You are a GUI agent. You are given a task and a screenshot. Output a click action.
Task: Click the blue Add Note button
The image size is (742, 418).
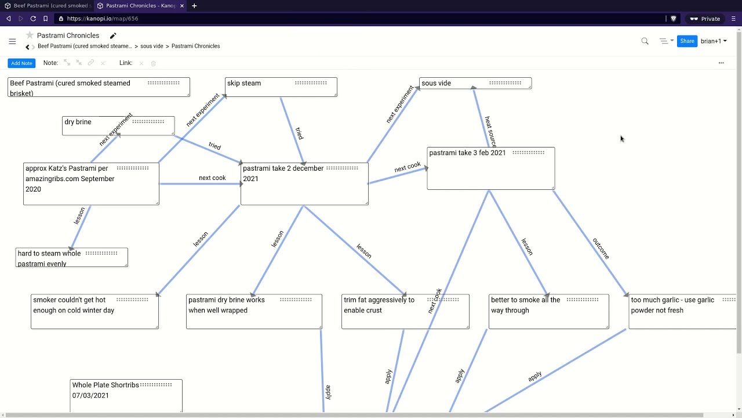pos(21,63)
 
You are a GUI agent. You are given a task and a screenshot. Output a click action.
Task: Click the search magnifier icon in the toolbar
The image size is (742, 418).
pos(645,41)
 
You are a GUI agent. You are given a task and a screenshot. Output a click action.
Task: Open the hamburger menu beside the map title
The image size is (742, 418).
pos(12,41)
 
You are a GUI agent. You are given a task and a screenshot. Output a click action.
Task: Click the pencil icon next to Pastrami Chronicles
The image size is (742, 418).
pos(113,36)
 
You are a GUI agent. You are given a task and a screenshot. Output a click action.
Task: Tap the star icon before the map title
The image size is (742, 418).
pos(30,35)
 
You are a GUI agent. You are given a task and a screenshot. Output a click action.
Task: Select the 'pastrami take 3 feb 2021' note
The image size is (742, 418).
pos(490,168)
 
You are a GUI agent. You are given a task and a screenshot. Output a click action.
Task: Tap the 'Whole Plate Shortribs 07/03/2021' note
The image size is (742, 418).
pos(126,395)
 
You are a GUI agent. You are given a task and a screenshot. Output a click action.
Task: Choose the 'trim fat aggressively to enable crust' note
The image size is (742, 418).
pos(405,311)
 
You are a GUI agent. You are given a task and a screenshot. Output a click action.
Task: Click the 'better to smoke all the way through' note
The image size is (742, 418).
pos(548,311)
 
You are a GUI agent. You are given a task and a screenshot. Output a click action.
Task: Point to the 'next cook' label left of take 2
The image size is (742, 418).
pos(212,178)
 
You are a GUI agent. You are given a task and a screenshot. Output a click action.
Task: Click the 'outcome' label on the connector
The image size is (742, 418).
pos(601,248)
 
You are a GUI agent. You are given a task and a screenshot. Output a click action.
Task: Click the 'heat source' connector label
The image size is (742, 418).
pos(490,131)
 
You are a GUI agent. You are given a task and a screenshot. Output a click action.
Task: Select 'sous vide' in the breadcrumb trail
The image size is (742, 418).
pos(151,46)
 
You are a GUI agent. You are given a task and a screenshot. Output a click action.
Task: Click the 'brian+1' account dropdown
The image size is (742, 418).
pos(714,41)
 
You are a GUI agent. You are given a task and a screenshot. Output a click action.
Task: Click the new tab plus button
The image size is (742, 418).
pos(194,6)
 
